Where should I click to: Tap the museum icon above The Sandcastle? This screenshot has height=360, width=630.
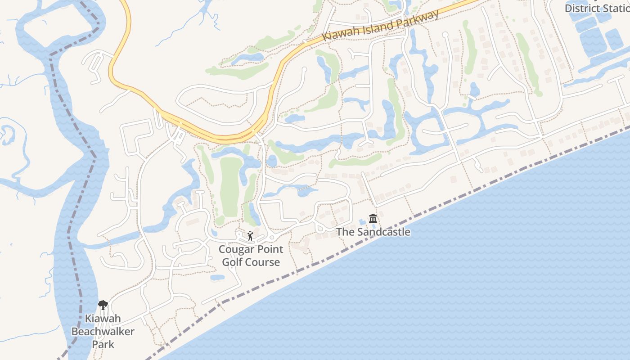[373, 219]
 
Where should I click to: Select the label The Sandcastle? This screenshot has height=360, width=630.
[373, 232]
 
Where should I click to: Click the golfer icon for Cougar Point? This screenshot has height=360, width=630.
[250, 235]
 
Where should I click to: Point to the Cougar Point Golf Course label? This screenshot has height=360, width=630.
[251, 256]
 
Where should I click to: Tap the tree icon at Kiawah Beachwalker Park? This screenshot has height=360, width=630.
[103, 305]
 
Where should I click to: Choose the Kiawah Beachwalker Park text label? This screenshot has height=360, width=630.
[103, 332]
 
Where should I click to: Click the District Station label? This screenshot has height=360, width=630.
[597, 8]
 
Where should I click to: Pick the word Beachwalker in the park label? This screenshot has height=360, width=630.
[103, 332]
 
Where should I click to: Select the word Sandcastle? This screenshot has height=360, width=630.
[384, 232]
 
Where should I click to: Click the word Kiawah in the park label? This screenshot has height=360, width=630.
[103, 319]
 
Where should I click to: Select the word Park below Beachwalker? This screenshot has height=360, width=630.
[103, 344]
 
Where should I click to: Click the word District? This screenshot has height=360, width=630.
[581, 8]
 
